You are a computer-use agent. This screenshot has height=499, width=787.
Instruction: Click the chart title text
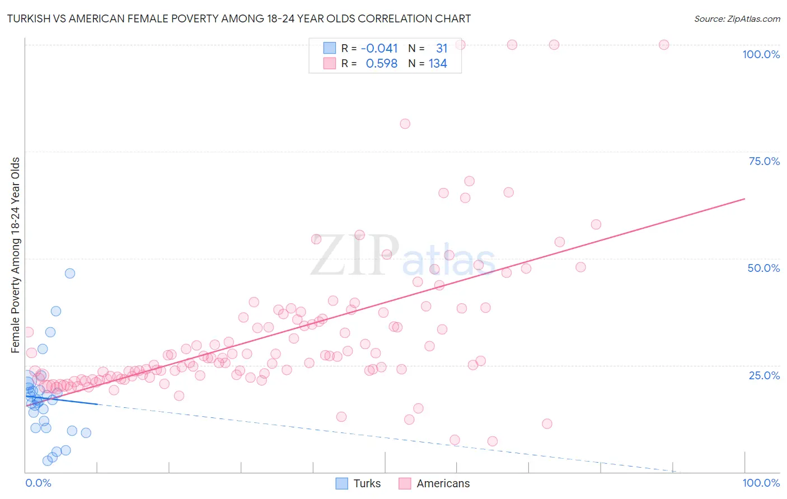[238, 18]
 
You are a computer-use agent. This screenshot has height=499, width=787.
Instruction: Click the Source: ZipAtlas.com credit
[737, 18]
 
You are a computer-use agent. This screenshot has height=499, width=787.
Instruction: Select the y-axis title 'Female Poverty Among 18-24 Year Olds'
[16, 255]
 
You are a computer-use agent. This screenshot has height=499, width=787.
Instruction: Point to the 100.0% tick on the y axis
[761, 54]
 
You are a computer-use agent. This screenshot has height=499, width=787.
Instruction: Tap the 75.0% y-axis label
[764, 161]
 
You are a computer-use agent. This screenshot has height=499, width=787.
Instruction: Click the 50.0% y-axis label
[763, 268]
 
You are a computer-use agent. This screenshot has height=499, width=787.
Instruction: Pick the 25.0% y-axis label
[764, 375]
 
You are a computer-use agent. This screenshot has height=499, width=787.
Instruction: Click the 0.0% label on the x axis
[38, 483]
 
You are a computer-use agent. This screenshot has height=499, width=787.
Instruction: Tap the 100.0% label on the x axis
[761, 483]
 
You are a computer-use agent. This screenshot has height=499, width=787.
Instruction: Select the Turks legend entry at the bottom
[358, 483]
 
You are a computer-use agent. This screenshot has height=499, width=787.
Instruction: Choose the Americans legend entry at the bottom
[434, 483]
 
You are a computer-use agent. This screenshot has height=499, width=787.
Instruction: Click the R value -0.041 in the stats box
[379, 49]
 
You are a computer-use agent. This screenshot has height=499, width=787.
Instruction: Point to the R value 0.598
[381, 64]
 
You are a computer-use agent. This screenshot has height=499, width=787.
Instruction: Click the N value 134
[438, 64]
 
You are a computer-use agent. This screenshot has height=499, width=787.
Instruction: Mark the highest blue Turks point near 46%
[70, 274]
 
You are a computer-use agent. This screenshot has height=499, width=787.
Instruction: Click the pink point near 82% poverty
[405, 124]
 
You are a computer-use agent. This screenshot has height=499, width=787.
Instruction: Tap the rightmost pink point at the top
[664, 45]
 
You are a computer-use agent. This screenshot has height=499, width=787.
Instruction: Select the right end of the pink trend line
[744, 199]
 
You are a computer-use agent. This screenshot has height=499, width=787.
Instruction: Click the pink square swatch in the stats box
[329, 63]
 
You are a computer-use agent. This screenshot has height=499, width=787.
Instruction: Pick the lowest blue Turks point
[48, 461]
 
